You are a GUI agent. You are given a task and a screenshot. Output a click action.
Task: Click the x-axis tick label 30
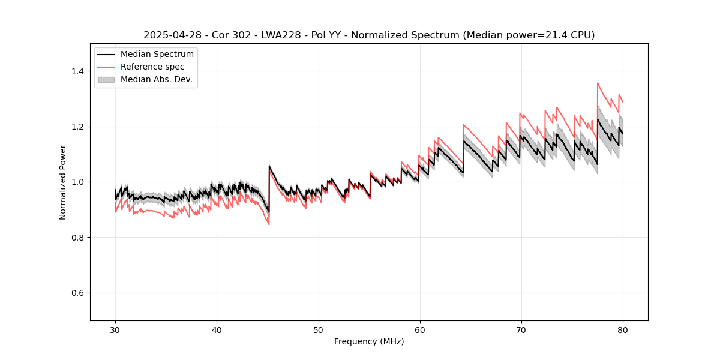pyautogui.click(x=115, y=329)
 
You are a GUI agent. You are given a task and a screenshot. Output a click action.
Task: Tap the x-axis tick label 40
pyautogui.click(x=217, y=329)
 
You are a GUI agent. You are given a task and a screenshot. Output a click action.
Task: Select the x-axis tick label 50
pyautogui.click(x=318, y=329)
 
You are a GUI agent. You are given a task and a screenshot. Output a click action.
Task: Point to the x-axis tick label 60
pyautogui.click(x=419, y=329)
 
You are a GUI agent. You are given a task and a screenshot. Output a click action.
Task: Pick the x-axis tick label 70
pyautogui.click(x=521, y=329)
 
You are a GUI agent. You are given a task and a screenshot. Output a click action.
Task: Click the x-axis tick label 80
pyautogui.click(x=622, y=329)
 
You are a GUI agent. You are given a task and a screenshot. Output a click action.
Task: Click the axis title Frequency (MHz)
pyautogui.click(x=369, y=341)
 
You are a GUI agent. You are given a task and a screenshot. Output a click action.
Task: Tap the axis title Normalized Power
pyautogui.click(x=62, y=182)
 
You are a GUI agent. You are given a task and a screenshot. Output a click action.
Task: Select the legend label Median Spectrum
pyautogui.click(x=157, y=55)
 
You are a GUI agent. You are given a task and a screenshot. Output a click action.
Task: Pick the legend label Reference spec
pyautogui.click(x=152, y=67)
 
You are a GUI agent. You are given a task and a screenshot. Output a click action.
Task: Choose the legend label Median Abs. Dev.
pyautogui.click(x=156, y=79)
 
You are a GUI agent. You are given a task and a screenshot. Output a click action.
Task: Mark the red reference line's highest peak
pyautogui.click(x=598, y=83)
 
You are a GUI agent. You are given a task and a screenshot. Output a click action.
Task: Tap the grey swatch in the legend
pyautogui.click(x=106, y=79)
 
